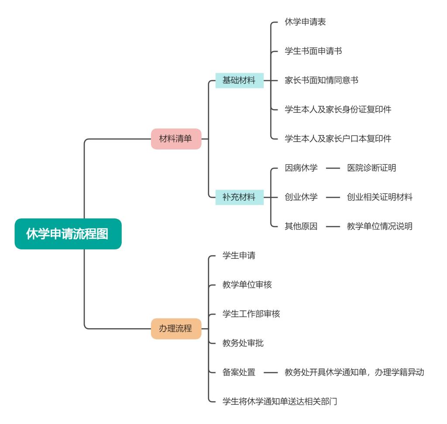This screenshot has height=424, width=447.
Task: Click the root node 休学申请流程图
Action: pos(68,234)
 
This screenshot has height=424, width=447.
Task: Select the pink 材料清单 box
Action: pos(176,139)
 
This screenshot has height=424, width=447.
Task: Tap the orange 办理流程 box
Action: pos(176,329)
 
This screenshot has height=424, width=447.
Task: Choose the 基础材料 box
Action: pos(239,81)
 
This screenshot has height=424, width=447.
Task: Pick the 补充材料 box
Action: pos(239,197)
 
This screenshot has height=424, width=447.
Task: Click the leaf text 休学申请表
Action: pos(305,22)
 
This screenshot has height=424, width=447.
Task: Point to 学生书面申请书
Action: pos(313,51)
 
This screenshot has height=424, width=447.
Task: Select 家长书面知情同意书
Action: pos(321,81)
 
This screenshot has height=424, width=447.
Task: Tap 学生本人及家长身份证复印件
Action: pos(338,110)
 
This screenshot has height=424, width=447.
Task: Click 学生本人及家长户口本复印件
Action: pos(338,139)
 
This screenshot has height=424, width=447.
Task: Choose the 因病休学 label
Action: pos(301,168)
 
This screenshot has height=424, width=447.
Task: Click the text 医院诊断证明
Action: pos(371,168)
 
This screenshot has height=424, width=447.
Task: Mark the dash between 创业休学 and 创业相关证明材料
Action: pos(333,197)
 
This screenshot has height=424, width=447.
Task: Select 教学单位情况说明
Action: pos(380,227)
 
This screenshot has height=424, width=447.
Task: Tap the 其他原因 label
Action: pos(301,227)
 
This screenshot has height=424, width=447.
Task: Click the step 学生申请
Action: pos(239,256)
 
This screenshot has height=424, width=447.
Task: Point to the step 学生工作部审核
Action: pos(251,314)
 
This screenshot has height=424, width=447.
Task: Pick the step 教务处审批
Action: pos(243,343)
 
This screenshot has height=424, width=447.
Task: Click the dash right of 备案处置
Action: pos(271,373)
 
